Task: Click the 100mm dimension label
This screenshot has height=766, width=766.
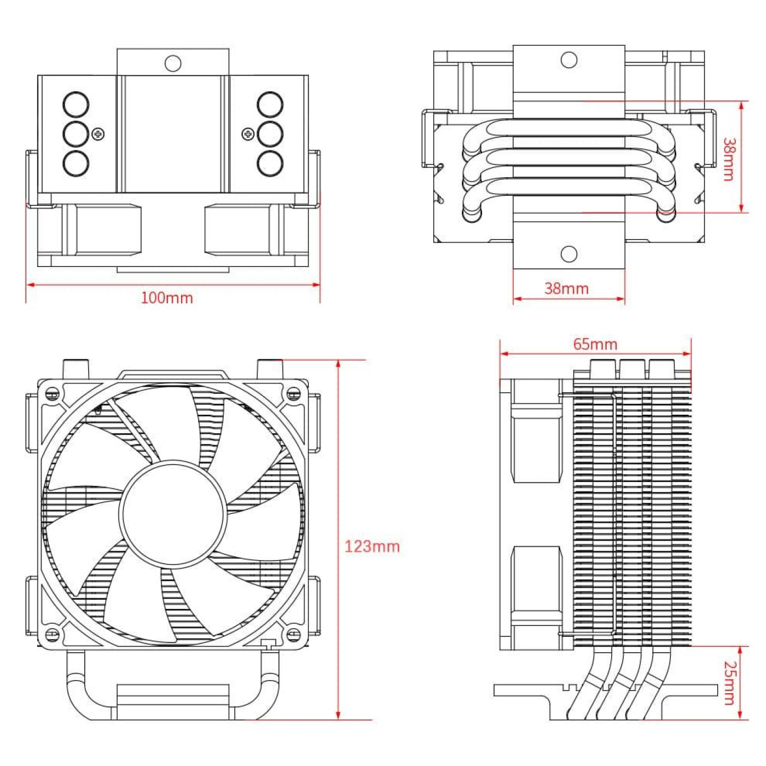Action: [167, 298]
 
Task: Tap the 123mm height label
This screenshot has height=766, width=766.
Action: [372, 546]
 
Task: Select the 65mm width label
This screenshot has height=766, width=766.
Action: [595, 344]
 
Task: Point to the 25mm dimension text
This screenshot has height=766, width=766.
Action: [730, 682]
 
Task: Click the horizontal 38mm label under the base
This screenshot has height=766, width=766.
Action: [566, 288]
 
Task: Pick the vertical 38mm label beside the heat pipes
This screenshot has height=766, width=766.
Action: [729, 159]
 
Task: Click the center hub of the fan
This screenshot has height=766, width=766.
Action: [173, 513]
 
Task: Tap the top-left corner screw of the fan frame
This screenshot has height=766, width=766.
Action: [53, 393]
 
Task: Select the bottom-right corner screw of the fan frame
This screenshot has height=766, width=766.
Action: [294, 634]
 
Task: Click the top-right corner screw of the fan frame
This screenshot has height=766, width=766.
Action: [294, 393]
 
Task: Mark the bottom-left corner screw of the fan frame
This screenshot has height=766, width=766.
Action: [53, 634]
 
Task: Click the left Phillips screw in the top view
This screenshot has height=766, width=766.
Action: [98, 134]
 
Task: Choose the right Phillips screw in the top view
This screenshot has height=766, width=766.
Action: [248, 134]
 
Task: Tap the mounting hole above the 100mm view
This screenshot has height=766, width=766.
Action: [173, 63]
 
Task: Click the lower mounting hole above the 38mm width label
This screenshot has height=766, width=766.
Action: [569, 254]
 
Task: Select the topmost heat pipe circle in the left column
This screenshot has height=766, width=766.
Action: [76, 105]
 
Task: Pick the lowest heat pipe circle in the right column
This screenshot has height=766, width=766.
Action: [270, 163]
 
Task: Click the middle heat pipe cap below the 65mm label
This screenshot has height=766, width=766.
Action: [632, 369]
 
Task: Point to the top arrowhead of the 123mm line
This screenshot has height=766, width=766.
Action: [339, 363]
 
